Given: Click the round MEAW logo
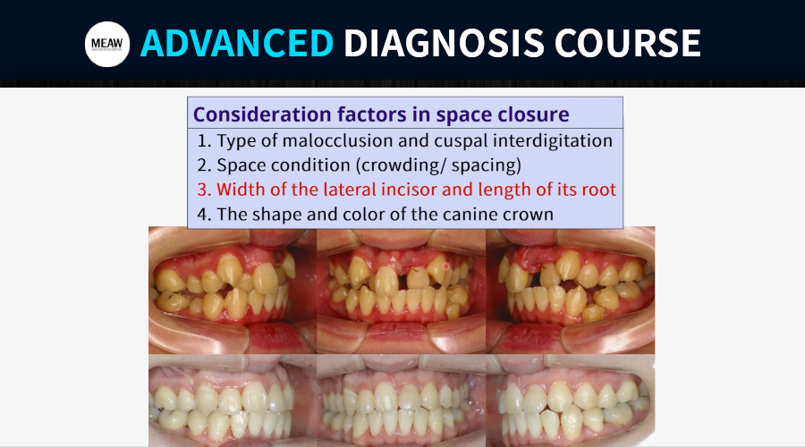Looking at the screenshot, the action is tap(107, 44).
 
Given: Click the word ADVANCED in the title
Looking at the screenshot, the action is tap(237, 43).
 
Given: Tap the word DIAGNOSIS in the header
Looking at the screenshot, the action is tap(444, 43).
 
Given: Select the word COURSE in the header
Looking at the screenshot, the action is tap(627, 43).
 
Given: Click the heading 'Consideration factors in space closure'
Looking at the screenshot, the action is tap(381, 114).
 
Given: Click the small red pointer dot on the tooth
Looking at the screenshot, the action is tap(446, 266).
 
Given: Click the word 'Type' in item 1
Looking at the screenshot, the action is tap(239, 141).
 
